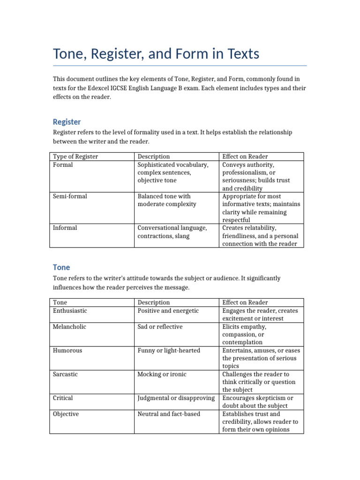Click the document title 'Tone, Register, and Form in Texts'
click(156, 54)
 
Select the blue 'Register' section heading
click(67, 122)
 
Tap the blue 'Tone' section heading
click(61, 267)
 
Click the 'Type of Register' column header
click(75, 157)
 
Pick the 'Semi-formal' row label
click(70, 196)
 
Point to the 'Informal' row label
click(65, 228)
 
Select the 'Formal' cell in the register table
click(63, 165)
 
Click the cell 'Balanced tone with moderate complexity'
click(167, 200)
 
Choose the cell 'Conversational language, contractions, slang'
click(172, 232)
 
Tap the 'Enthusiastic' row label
click(70, 311)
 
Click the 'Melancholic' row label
click(70, 327)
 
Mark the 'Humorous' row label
click(68, 351)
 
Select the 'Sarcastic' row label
click(66, 375)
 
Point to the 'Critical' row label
click(63, 398)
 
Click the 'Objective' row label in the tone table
click(66, 414)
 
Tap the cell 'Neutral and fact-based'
click(169, 414)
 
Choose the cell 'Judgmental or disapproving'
click(176, 398)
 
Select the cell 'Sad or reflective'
click(160, 327)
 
